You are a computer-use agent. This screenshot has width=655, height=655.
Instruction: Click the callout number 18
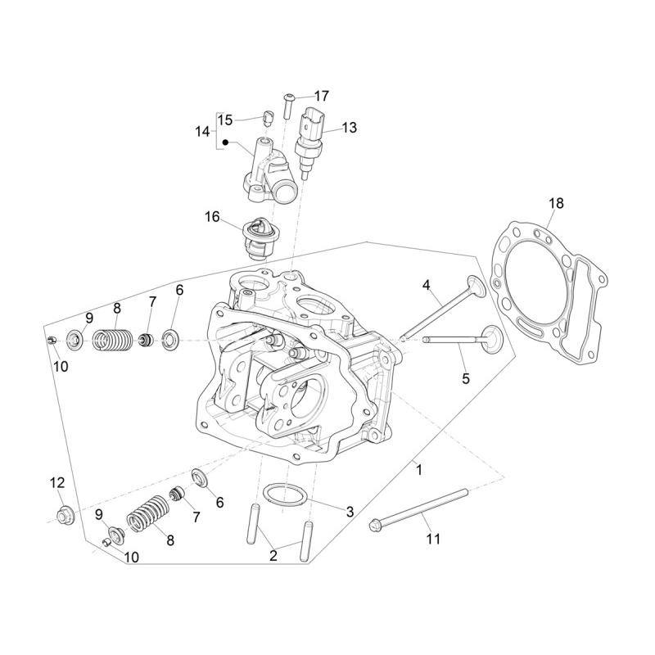[556, 203]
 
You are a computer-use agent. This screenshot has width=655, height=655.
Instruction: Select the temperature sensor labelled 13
[309, 142]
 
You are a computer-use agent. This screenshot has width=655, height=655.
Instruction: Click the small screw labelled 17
[288, 106]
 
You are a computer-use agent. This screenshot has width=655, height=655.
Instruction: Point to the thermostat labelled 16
[255, 238]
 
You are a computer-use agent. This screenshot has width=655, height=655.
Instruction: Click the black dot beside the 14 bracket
[225, 142]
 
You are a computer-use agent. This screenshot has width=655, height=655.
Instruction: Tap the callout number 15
[224, 120]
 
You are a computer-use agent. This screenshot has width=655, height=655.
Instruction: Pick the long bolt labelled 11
[418, 508]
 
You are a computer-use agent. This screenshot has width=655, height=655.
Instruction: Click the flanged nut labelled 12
[65, 514]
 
